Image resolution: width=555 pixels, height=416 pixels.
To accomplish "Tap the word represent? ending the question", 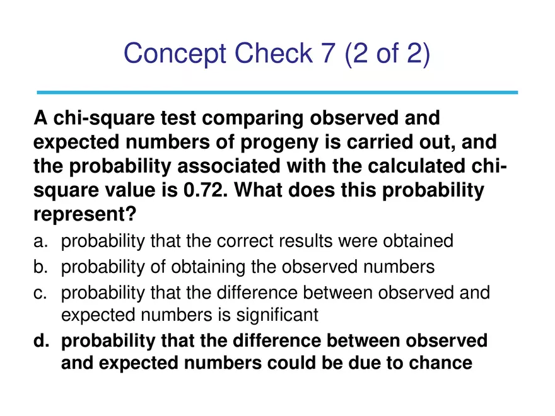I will coord(85,214).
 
